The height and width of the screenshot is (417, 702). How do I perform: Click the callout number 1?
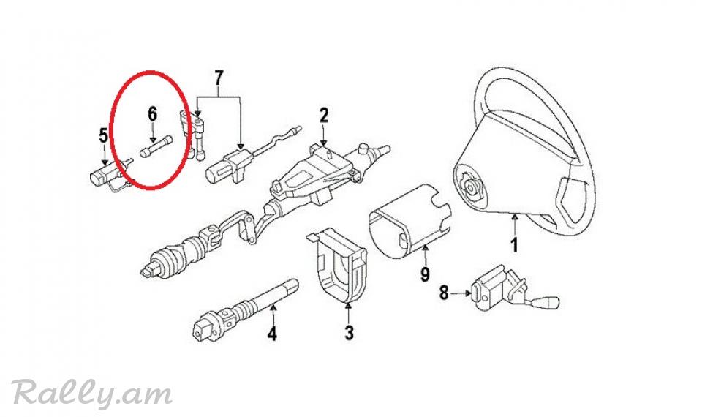[x=514, y=245]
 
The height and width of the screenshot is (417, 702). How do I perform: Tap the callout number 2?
[x=324, y=115]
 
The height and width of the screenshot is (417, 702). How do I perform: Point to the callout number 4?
[x=272, y=334]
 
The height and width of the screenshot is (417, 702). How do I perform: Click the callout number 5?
[x=103, y=135]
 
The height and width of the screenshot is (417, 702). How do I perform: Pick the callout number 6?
[x=153, y=114]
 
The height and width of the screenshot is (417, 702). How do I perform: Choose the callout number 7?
[x=219, y=78]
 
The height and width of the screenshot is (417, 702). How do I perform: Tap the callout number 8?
[x=444, y=293]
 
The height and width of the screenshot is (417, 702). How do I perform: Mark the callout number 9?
[x=425, y=274]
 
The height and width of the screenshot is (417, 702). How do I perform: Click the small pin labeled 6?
[x=156, y=146]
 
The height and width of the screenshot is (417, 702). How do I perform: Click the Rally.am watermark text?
[x=92, y=393]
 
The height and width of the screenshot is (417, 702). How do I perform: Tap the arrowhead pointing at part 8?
[x=468, y=293]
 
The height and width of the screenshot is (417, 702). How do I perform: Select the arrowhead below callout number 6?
[x=153, y=140]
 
